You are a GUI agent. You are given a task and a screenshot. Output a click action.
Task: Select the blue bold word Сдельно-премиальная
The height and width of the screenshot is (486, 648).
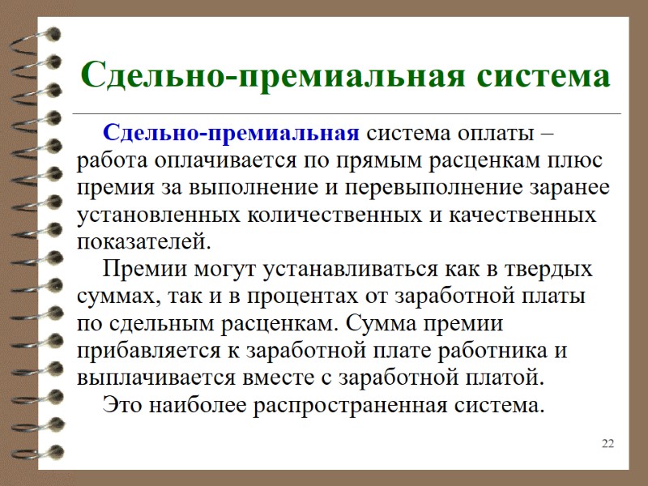tap(232, 133)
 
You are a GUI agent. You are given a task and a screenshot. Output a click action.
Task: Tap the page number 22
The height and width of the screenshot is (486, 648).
tap(608, 443)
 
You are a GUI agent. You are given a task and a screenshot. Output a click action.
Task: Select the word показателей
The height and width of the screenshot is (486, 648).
tap(143, 242)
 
